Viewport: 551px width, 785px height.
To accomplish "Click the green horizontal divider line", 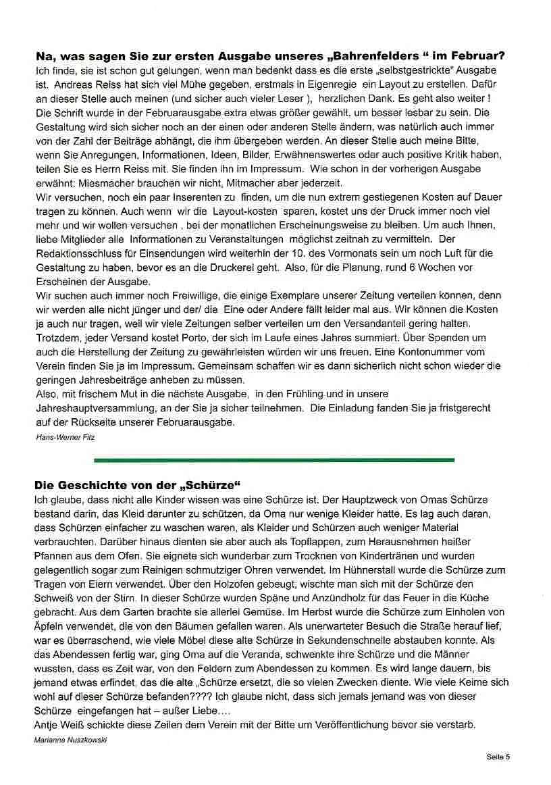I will point(274,460).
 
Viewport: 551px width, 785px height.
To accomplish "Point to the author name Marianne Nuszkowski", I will point(70,740).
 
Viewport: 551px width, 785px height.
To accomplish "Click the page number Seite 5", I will point(498,757).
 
